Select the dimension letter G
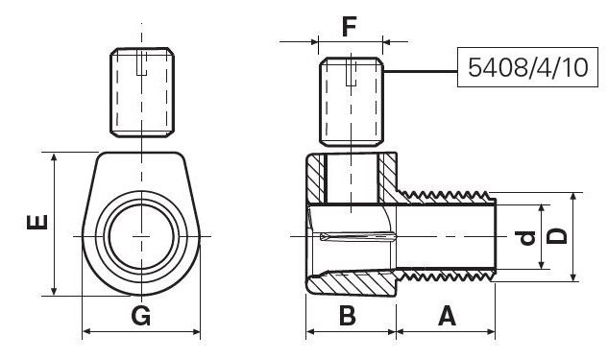(141, 314)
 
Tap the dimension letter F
(349, 24)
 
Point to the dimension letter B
(349, 314)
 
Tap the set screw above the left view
(141, 94)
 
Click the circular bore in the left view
(141, 236)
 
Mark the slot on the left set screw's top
(141, 66)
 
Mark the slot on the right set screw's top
(351, 66)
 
